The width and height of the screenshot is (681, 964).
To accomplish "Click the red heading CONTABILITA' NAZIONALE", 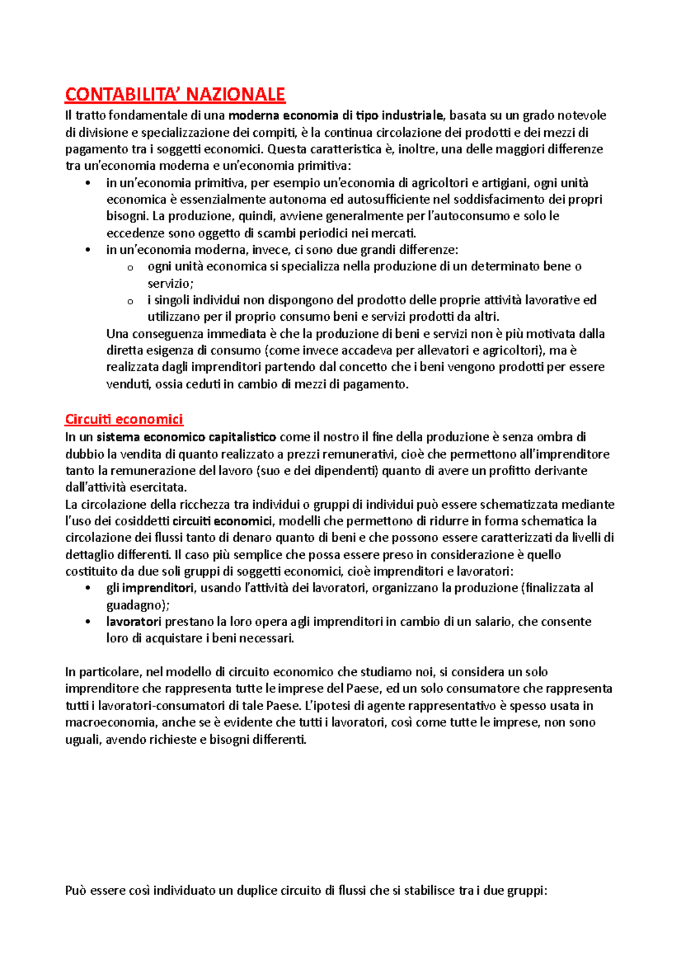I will click(x=175, y=94).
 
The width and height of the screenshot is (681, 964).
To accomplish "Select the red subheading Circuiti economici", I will click(x=124, y=420).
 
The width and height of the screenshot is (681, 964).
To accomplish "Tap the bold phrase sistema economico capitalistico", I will click(x=186, y=437).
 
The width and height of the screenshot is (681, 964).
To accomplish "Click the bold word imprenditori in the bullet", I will click(x=158, y=588).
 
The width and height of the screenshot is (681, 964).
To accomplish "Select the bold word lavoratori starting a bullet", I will click(x=134, y=622).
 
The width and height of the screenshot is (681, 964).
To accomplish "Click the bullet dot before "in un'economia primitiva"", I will click(x=87, y=183).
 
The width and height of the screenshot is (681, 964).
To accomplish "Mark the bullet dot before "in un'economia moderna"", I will click(x=87, y=250).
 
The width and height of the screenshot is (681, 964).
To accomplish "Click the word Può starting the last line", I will click(x=76, y=891).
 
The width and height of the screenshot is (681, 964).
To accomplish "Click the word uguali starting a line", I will click(x=83, y=740).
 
